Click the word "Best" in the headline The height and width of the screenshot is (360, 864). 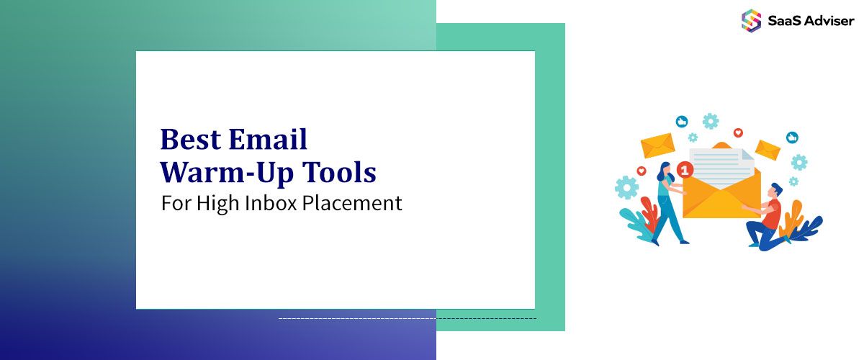(x=188, y=138)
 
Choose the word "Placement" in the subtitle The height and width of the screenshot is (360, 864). (x=352, y=203)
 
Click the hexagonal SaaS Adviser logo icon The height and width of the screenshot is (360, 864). (x=751, y=19)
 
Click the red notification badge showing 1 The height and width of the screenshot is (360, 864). (x=685, y=170)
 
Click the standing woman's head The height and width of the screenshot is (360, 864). (x=663, y=171)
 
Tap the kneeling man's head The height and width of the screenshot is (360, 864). (x=774, y=190)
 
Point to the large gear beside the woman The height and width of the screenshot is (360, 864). (x=626, y=188)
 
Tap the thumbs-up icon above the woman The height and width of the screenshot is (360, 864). (x=682, y=121)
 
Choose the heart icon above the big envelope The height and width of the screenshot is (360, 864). (x=737, y=133)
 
